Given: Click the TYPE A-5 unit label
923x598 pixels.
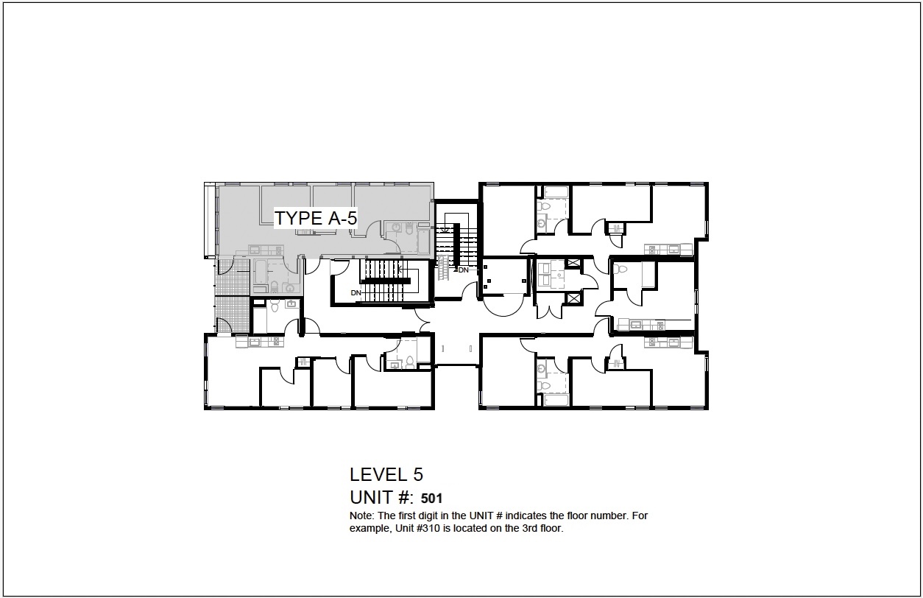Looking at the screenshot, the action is pos(316,218).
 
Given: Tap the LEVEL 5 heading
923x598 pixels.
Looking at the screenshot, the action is pos(386,475).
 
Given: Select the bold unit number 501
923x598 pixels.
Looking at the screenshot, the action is pos(431,499).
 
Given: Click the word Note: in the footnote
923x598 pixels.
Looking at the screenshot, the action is pos(362,516).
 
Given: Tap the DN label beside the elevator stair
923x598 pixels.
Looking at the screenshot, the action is pos(463,270).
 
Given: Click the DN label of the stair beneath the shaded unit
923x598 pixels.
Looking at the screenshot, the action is pos(356,293).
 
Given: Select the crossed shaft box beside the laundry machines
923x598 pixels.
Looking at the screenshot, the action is pos(573,263).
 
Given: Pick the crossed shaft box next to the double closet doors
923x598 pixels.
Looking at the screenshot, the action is pos(573,298).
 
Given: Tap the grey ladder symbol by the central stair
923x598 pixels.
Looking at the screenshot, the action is pos(442,267).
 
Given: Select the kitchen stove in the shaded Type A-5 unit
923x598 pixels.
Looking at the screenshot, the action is pos(279,250).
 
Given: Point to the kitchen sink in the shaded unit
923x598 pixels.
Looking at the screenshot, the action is pos(254,250).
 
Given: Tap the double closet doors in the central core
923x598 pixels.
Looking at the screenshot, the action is pos(549,312).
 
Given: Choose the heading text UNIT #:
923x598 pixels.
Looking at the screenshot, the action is pos(381,497).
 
